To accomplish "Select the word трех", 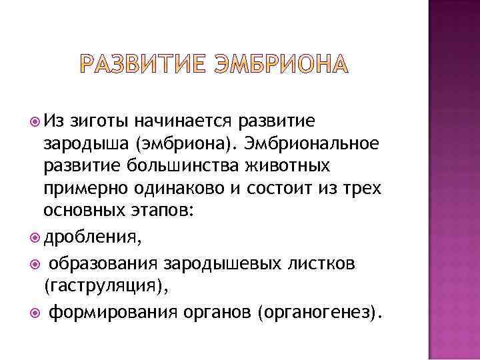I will pos(364,189).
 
